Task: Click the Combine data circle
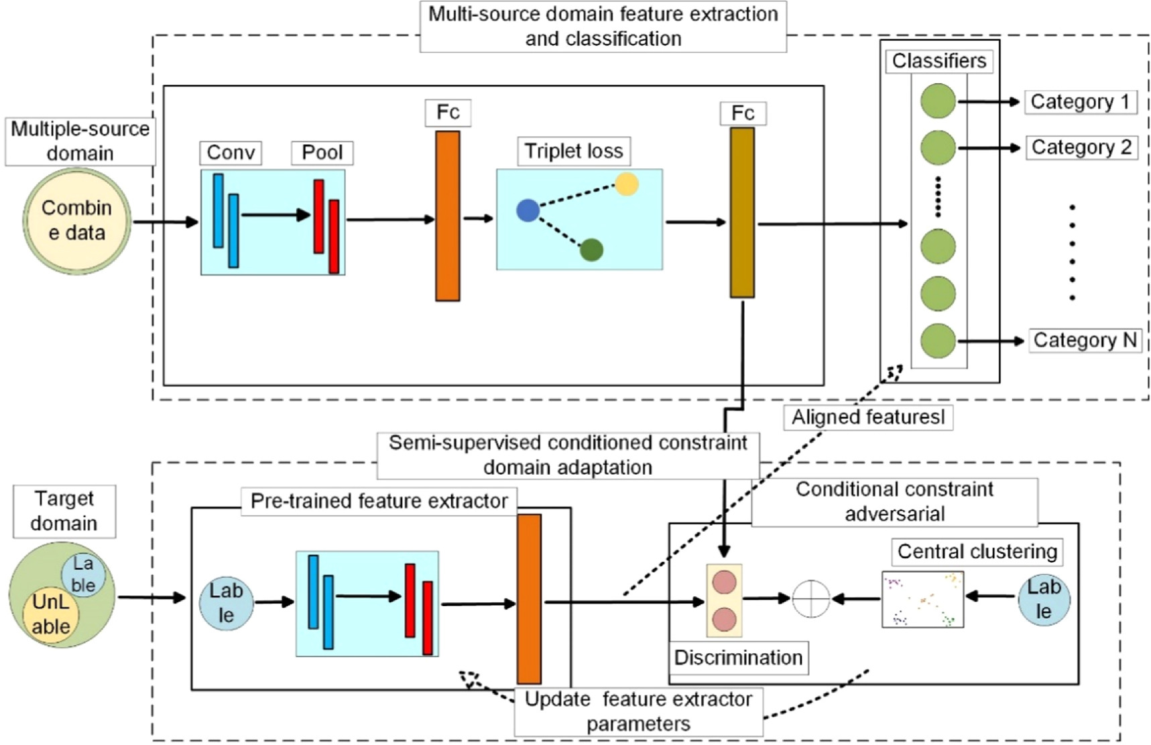76,221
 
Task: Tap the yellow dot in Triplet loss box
627,184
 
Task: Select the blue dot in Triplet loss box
528,211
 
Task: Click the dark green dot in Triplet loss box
591,250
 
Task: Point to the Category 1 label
1080,102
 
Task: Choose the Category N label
1084,341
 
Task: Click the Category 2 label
1081,148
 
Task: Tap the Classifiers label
938,61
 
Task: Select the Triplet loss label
573,152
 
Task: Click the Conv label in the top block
231,153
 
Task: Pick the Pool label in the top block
322,153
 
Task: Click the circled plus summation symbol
811,598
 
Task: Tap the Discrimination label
738,658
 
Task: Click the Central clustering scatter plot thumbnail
922,599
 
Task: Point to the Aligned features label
868,418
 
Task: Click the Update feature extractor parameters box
638,711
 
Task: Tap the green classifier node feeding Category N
938,341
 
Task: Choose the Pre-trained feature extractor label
379,502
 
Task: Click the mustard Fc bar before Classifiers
742,213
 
